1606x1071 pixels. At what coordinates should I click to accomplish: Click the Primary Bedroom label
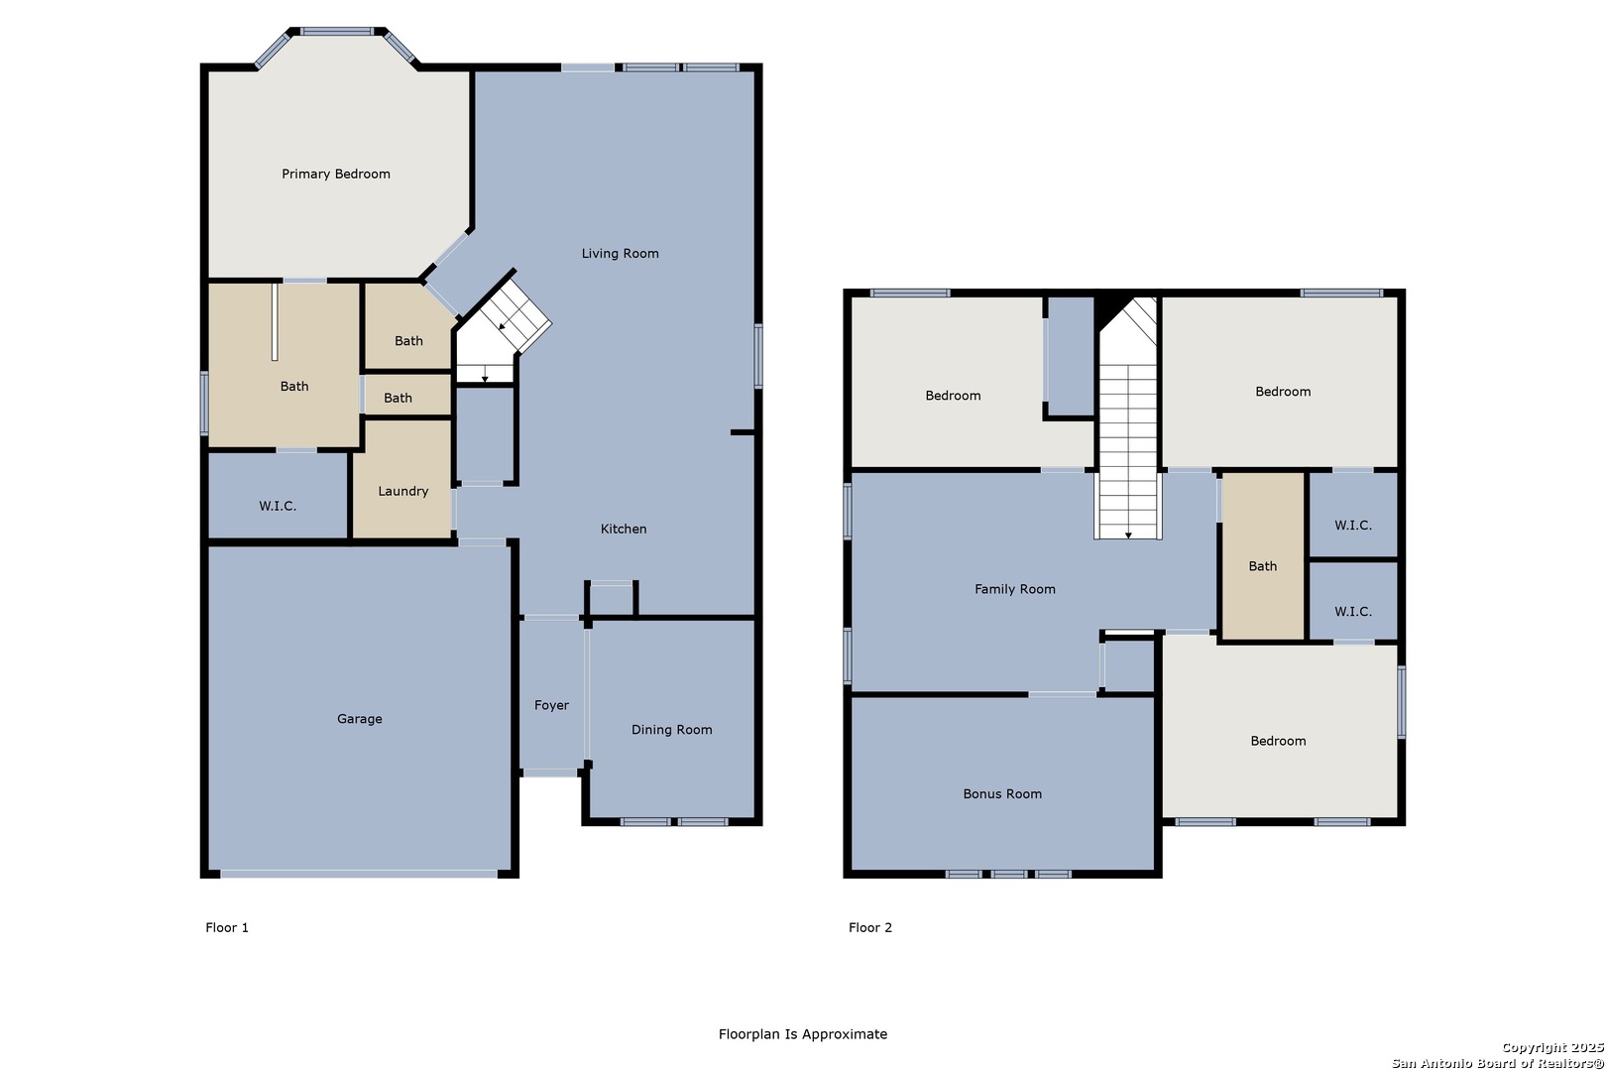[x=335, y=174]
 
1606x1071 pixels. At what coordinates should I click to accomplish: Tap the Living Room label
[x=621, y=253]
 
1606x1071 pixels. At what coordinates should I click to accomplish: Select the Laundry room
[x=402, y=479]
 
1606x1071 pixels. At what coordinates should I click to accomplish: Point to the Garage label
[x=359, y=719]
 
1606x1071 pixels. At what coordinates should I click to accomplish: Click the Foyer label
[x=551, y=705]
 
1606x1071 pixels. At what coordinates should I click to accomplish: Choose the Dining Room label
[x=672, y=730]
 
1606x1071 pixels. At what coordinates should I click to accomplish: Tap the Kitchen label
[x=623, y=529]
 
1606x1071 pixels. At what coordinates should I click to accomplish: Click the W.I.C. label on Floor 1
[x=278, y=506]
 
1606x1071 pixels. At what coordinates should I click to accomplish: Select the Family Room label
[x=1014, y=589]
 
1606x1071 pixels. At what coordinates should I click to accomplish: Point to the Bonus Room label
[x=1002, y=793]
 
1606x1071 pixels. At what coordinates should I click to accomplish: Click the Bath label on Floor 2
[x=1263, y=566]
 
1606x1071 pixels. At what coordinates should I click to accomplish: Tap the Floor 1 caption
[x=227, y=927]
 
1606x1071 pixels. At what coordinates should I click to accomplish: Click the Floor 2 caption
[x=870, y=927]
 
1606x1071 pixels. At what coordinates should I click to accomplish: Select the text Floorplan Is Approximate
[x=803, y=1033]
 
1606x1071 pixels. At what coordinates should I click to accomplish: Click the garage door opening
[x=359, y=874]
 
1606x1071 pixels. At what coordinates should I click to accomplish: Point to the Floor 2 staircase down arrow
[x=1128, y=535]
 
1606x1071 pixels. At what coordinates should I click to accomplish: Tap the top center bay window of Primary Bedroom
[x=336, y=31]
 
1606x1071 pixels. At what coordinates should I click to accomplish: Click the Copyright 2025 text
[x=1552, y=1048]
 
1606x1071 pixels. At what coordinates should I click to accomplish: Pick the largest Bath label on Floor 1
[x=294, y=386]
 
